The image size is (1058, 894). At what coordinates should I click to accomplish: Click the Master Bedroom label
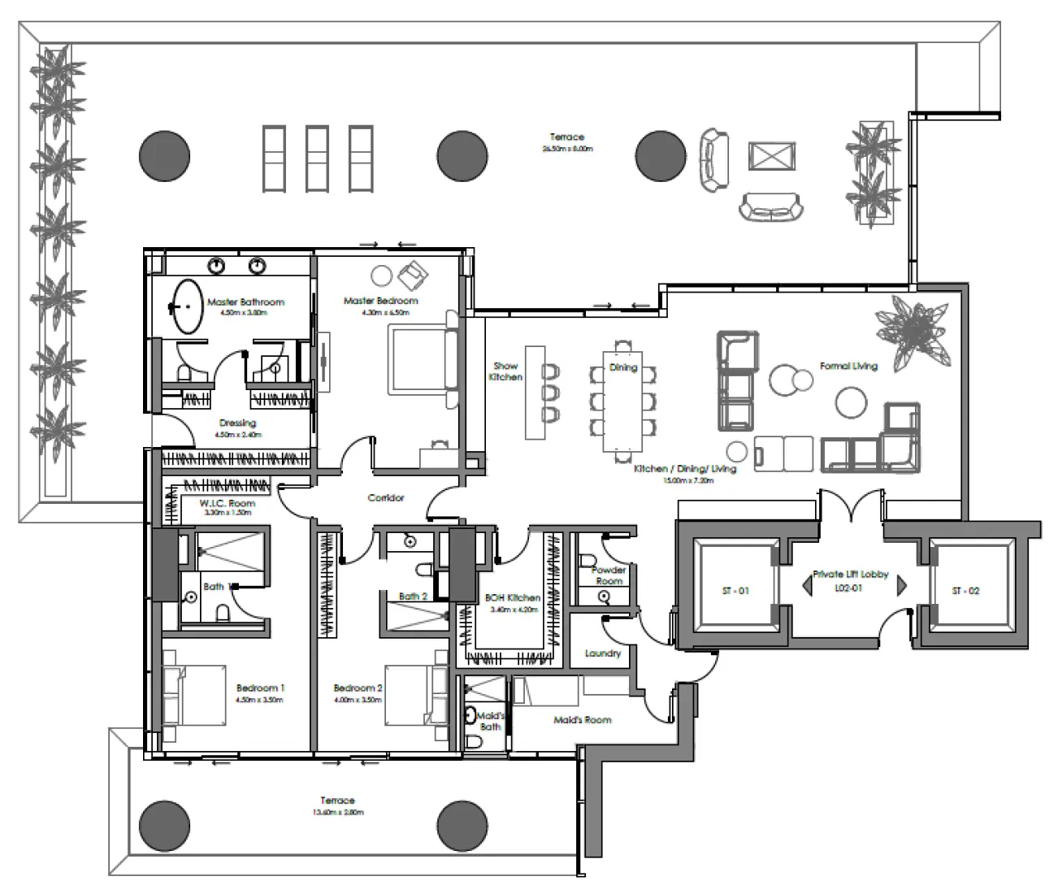point(380,301)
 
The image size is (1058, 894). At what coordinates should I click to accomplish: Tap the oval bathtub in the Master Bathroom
point(189,306)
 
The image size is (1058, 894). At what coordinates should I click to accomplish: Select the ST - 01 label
point(735,591)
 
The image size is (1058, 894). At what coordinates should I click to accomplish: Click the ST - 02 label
point(965,591)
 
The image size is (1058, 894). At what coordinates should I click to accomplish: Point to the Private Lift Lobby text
point(851,575)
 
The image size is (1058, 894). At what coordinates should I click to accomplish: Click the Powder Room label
point(609,575)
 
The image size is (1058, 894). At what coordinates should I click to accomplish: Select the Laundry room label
point(602,653)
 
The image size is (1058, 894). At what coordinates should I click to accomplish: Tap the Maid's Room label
point(582,720)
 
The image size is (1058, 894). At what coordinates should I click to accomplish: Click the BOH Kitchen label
point(512,598)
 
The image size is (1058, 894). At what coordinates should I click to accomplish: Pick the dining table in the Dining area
point(623,401)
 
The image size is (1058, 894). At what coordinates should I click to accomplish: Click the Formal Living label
point(848,367)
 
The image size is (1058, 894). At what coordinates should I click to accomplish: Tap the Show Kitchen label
point(505,371)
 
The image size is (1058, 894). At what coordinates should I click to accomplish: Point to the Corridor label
point(385,497)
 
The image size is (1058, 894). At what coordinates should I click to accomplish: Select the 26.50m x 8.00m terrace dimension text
point(567,150)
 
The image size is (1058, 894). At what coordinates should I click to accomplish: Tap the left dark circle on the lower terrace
point(164,826)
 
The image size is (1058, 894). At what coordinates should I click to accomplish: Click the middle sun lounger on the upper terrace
point(317,158)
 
